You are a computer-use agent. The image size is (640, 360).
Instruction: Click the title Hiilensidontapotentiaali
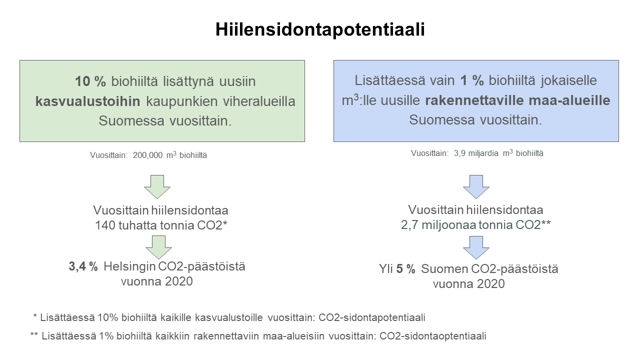coord(320,29)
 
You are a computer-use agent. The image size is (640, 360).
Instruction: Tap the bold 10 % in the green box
coord(90,81)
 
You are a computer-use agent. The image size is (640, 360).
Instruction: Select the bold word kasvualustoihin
coord(87,101)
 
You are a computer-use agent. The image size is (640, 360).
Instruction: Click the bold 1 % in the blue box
coord(472,80)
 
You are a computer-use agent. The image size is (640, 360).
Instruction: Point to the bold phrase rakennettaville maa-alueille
coord(517,100)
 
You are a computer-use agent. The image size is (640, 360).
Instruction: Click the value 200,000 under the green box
coord(147,155)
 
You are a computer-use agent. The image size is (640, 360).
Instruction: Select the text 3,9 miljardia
coord(476,153)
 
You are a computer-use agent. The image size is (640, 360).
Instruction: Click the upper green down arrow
coord(157,187)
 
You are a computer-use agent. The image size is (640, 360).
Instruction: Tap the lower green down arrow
coord(158,247)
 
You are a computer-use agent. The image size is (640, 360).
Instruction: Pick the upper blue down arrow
coord(476,187)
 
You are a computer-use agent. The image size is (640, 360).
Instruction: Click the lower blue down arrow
coord(476,247)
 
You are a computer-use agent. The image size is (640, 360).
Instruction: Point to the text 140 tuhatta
coord(126,225)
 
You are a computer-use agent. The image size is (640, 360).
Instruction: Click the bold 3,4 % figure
coord(83,266)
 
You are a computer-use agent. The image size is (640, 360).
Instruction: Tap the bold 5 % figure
coord(405,269)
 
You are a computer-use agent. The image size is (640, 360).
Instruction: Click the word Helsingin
coord(129,267)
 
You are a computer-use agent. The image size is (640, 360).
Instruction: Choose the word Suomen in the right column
coord(444,269)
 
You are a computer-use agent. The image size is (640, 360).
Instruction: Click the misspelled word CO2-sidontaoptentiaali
coord(432,336)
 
